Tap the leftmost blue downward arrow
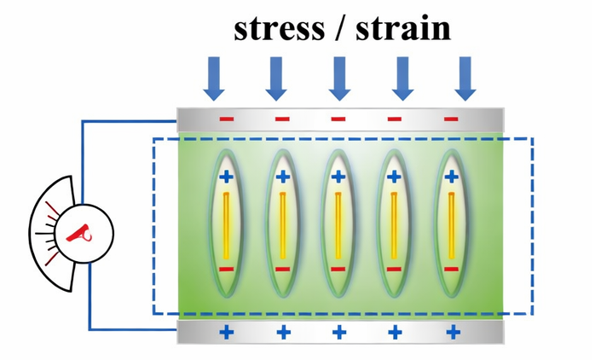[213, 78]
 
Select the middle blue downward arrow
[338, 78]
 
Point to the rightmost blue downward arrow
[465, 78]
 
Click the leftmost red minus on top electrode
[225, 119]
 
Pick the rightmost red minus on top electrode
[451, 119]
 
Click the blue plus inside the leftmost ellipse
[226, 177]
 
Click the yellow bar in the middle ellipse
[338, 225]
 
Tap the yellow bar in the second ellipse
[282, 225]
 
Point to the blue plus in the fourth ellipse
[394, 177]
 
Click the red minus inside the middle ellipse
[338, 269]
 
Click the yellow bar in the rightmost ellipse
[451, 225]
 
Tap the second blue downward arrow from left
[275, 78]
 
